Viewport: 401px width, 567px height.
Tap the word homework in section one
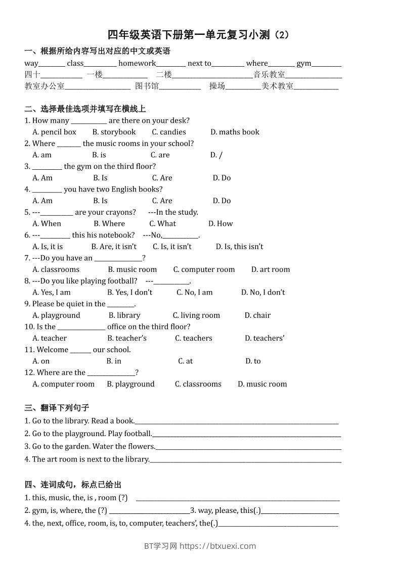137,63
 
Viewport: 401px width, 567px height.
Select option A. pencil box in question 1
54,132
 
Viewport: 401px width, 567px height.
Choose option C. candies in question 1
169,132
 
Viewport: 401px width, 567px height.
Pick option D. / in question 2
216,155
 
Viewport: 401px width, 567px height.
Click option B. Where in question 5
109,223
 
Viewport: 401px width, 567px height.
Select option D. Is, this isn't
239,247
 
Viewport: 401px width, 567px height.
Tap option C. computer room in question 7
204,269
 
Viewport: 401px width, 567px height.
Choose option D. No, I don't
263,292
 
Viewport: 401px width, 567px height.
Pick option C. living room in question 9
196,315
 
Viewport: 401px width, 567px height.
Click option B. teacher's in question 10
127,338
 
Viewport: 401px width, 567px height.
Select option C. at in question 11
185,361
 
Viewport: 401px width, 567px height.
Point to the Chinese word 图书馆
147,86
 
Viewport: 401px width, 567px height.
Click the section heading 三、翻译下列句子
57,408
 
